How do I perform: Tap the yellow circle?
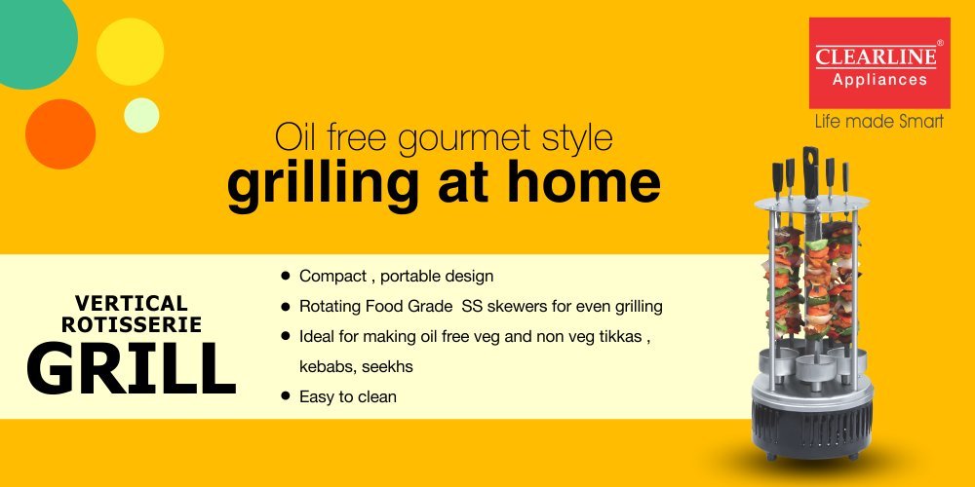pyautogui.click(x=130, y=52)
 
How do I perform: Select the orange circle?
pyautogui.click(x=60, y=134)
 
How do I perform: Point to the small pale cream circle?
pyautogui.click(x=141, y=115)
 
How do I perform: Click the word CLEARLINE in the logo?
pyautogui.click(x=876, y=57)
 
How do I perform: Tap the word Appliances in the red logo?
pyautogui.click(x=879, y=80)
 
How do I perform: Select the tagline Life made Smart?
pyautogui.click(x=879, y=121)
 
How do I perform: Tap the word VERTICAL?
pyautogui.click(x=132, y=303)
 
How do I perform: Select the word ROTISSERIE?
pyautogui.click(x=132, y=324)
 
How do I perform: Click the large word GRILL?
pyautogui.click(x=132, y=368)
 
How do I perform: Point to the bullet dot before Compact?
pyautogui.click(x=286, y=275)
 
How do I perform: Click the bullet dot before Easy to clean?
pyautogui.click(x=286, y=395)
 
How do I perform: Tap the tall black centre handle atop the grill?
pyautogui.click(x=810, y=170)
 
